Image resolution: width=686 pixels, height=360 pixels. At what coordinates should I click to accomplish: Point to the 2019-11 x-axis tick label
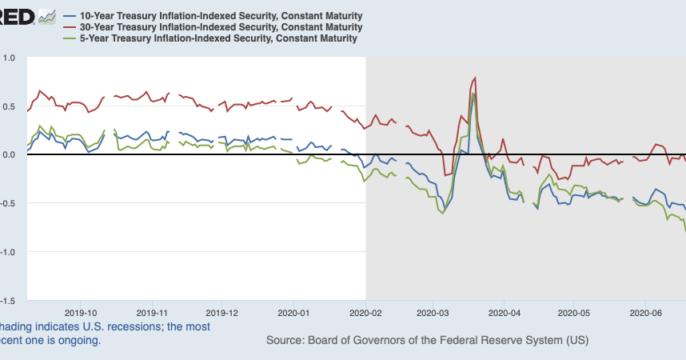[x=152, y=313]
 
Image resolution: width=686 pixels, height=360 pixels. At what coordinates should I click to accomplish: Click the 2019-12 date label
[x=222, y=313]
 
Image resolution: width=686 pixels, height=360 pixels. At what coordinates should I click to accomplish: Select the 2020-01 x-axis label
[x=293, y=313]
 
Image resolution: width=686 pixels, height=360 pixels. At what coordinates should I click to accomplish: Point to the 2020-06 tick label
[x=644, y=313]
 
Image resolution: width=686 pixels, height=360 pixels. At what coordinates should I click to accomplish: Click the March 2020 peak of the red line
[x=476, y=78]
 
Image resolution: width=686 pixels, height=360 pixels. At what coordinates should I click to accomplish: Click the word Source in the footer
[x=284, y=340]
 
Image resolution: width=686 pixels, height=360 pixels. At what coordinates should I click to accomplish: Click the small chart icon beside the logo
[x=47, y=17]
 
